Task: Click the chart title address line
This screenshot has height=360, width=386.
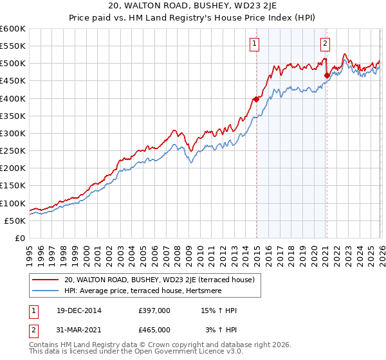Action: click(193, 7)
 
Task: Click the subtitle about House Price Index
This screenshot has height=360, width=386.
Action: click(193, 19)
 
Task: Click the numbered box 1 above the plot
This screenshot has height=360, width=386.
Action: click(255, 44)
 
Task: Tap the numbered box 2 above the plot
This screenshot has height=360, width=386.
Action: click(325, 44)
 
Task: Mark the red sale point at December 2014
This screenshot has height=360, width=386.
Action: click(256, 99)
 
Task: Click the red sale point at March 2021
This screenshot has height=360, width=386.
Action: click(327, 75)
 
